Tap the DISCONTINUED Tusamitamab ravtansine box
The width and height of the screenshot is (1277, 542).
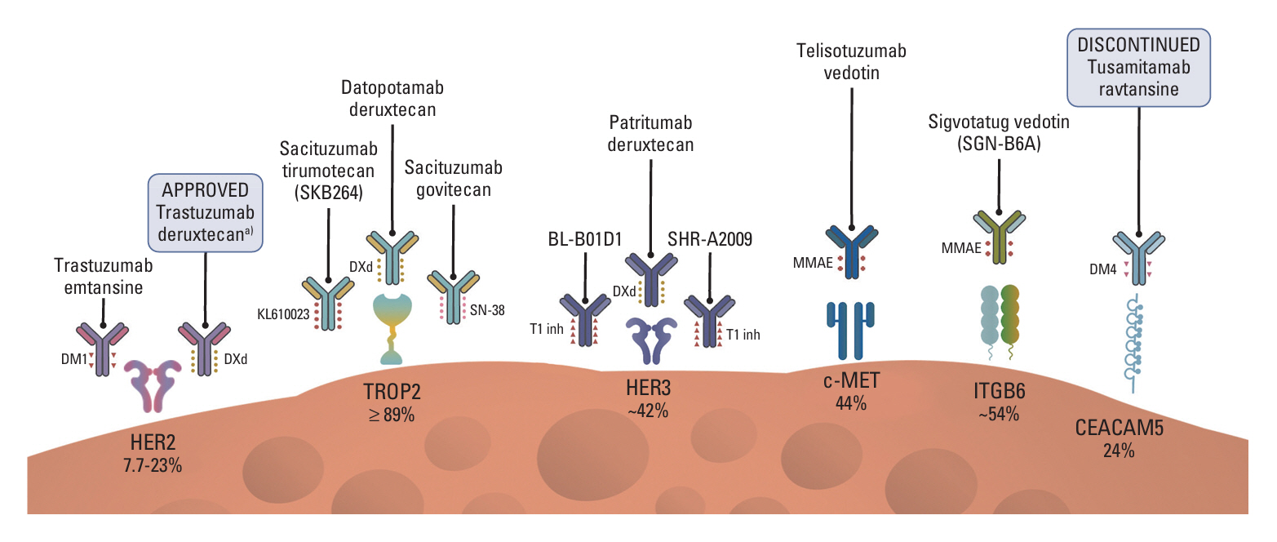tap(1137, 66)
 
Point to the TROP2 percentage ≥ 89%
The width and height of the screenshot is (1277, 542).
tap(391, 415)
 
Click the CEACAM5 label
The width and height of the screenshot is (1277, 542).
tap(1117, 429)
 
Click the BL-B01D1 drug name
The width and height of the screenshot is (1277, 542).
tap(585, 242)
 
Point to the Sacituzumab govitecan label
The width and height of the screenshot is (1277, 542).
tap(454, 181)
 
